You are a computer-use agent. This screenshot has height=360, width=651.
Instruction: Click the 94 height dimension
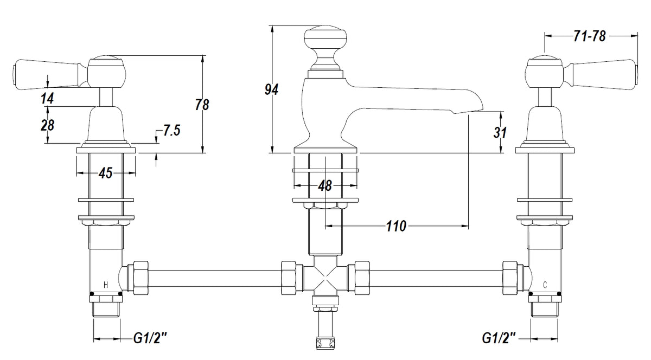(x=271, y=89)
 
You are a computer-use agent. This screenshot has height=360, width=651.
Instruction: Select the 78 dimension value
(x=202, y=105)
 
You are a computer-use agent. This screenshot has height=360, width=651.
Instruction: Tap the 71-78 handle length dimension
(x=590, y=36)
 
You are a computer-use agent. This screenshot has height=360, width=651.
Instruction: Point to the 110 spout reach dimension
(x=396, y=226)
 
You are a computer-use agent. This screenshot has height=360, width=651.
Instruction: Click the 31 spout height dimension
(x=500, y=132)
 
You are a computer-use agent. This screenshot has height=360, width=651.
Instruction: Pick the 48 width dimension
(x=325, y=185)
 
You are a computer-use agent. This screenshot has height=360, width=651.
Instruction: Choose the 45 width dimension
(x=105, y=173)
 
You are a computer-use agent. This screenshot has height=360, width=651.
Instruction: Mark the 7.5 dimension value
(x=171, y=130)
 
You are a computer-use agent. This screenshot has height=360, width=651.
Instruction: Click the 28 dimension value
(x=47, y=125)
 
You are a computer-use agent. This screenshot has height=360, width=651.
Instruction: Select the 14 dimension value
(x=47, y=98)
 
